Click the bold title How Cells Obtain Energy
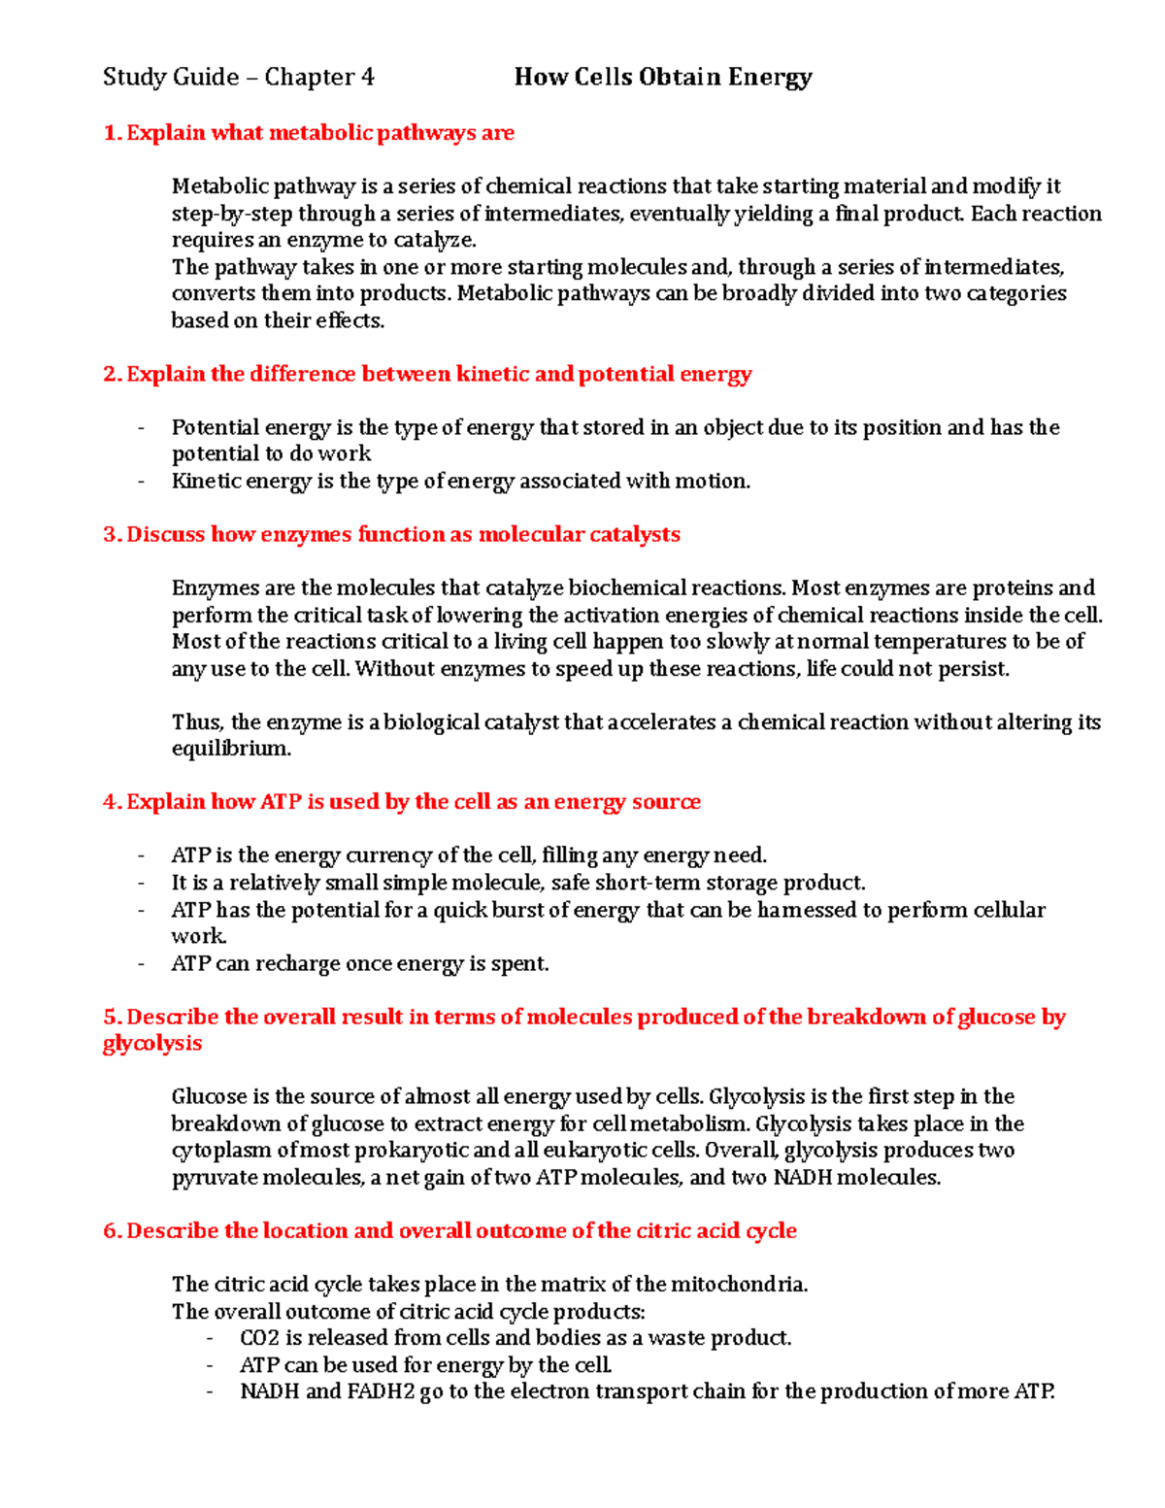pos(663,77)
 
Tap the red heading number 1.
pos(111,133)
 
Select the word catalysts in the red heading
pos(635,534)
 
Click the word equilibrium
pos(231,749)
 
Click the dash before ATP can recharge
pos(142,964)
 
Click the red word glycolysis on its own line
pos(152,1044)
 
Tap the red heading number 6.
pos(111,1231)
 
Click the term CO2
pos(259,1338)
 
